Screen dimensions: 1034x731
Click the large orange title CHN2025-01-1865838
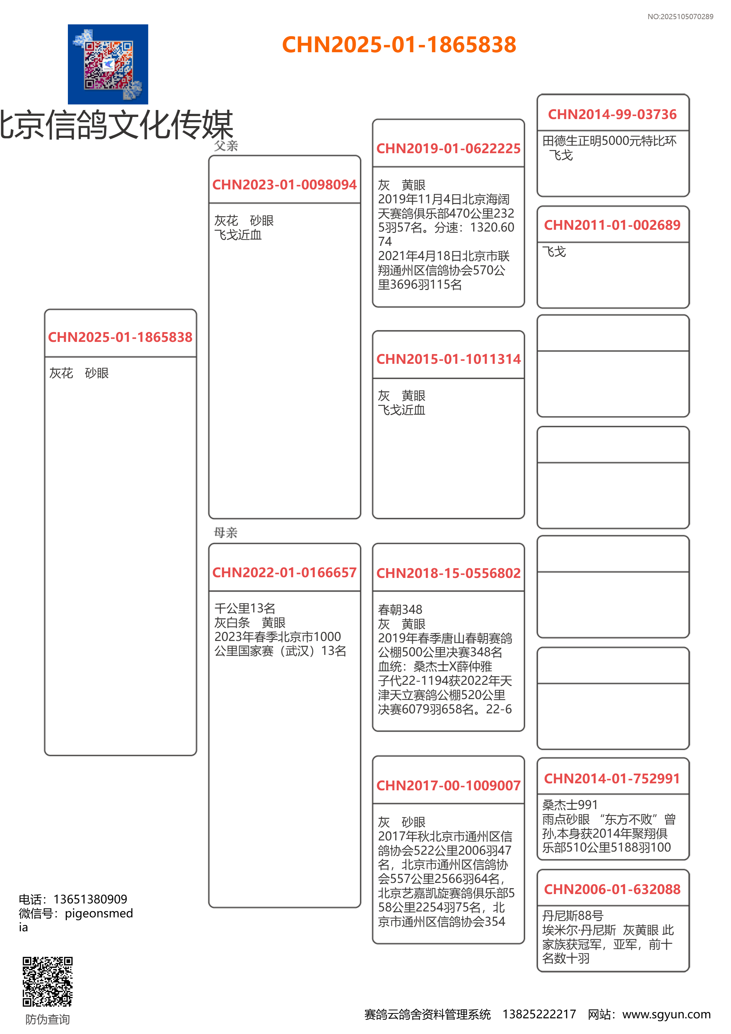pos(399,45)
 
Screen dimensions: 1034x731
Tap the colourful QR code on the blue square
pos(108,64)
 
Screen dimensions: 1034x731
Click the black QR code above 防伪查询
pos(47,981)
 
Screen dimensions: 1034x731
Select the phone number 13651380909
pos(90,899)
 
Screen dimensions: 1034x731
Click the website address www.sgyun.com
pos(666,1014)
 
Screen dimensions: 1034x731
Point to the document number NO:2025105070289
pos(680,17)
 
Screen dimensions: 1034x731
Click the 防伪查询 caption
pos(47,1019)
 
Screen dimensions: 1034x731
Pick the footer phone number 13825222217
pos(539,1014)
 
